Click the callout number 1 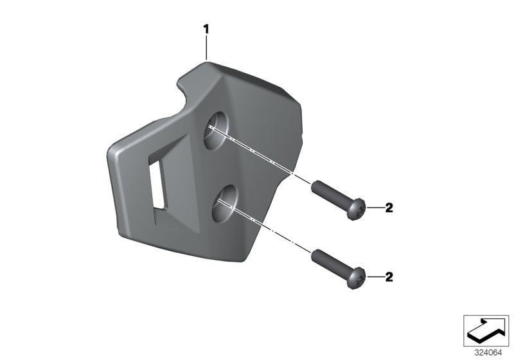206,28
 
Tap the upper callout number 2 388,207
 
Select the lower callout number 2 388,277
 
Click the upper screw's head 357,208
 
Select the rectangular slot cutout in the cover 157,186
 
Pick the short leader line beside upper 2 373,208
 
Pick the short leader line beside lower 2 373,277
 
